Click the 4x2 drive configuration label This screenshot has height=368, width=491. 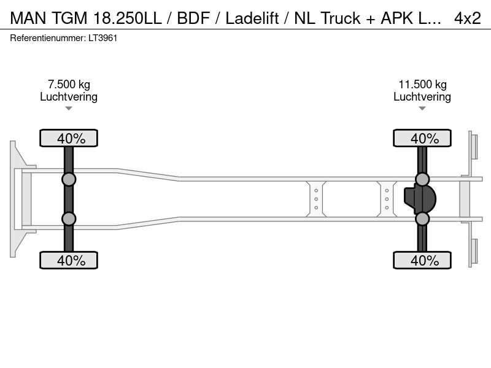pyautogui.click(x=468, y=18)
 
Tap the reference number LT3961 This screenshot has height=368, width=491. pyautogui.click(x=102, y=38)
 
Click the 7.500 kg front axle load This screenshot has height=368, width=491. pyautogui.click(x=69, y=85)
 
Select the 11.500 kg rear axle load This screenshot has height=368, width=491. pyautogui.click(x=422, y=85)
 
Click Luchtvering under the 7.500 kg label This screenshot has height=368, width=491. pyautogui.click(x=69, y=97)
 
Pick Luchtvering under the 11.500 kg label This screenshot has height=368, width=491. pyautogui.click(x=422, y=97)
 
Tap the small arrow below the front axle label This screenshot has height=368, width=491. pyautogui.click(x=69, y=109)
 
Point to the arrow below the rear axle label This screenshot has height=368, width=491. pyautogui.click(x=422, y=109)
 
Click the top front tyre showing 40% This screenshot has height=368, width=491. pyautogui.click(x=69, y=138)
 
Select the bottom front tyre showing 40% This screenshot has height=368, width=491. pyautogui.click(x=69, y=260)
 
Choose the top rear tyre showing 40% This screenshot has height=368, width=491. pyautogui.click(x=422, y=138)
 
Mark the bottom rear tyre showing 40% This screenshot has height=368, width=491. pyautogui.click(x=422, y=260)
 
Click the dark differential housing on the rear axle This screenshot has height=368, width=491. pyautogui.click(x=420, y=199)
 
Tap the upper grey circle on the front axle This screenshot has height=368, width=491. pyautogui.click(x=69, y=180)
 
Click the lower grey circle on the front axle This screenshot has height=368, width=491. pyautogui.click(x=69, y=219)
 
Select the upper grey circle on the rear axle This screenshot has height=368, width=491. pyautogui.click(x=422, y=180)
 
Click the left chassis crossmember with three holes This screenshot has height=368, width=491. pyautogui.click(x=316, y=199)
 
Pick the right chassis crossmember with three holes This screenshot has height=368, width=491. pyautogui.click(x=387, y=199)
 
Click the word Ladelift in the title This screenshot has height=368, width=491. pyautogui.click(x=252, y=18)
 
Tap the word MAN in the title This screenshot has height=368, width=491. pyautogui.click(x=28, y=18)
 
